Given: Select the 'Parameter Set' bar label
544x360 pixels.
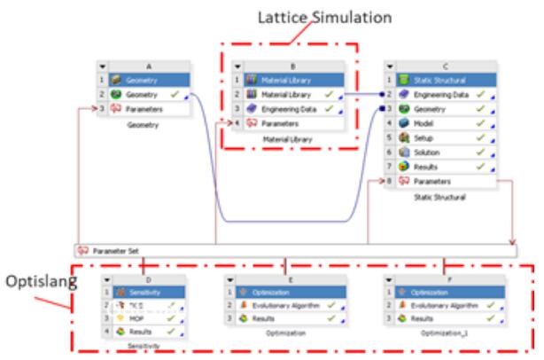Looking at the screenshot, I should click(x=116, y=251).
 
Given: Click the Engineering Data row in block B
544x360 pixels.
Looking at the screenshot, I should click(x=287, y=109).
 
